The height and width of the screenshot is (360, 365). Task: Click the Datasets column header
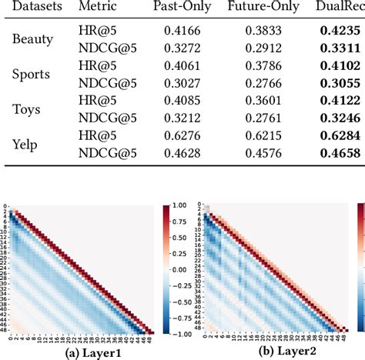click(x=28, y=6)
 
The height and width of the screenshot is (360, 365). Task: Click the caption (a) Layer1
click(x=80, y=352)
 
